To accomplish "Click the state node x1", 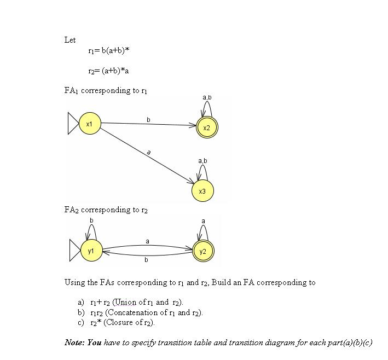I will pyautogui.click(x=90, y=124).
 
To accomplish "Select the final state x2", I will pyautogui.click(x=206, y=127).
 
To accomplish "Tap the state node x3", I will pyautogui.click(x=202, y=191).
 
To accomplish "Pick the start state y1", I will pyautogui.click(x=91, y=251).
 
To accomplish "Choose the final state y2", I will pyautogui.click(x=203, y=251).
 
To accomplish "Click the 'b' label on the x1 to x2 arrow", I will pyautogui.click(x=148, y=119).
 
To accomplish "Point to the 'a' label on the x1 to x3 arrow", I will pyautogui.click(x=149, y=153).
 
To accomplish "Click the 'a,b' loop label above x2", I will pyautogui.click(x=207, y=97).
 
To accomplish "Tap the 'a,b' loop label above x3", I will pyautogui.click(x=202, y=161).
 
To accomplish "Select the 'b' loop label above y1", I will pyautogui.click(x=91, y=220).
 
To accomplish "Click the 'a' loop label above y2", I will pyautogui.click(x=203, y=221).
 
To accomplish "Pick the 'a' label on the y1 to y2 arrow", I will pyautogui.click(x=147, y=241).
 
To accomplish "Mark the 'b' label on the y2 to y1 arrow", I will pyautogui.click(x=146, y=260).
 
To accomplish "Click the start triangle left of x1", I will pyautogui.click(x=73, y=124).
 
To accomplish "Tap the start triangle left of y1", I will pyautogui.click(x=75, y=251).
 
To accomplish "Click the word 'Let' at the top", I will pyautogui.click(x=70, y=40).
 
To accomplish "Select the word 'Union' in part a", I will pyautogui.click(x=125, y=302).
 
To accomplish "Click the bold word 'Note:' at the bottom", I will pyautogui.click(x=74, y=342).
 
